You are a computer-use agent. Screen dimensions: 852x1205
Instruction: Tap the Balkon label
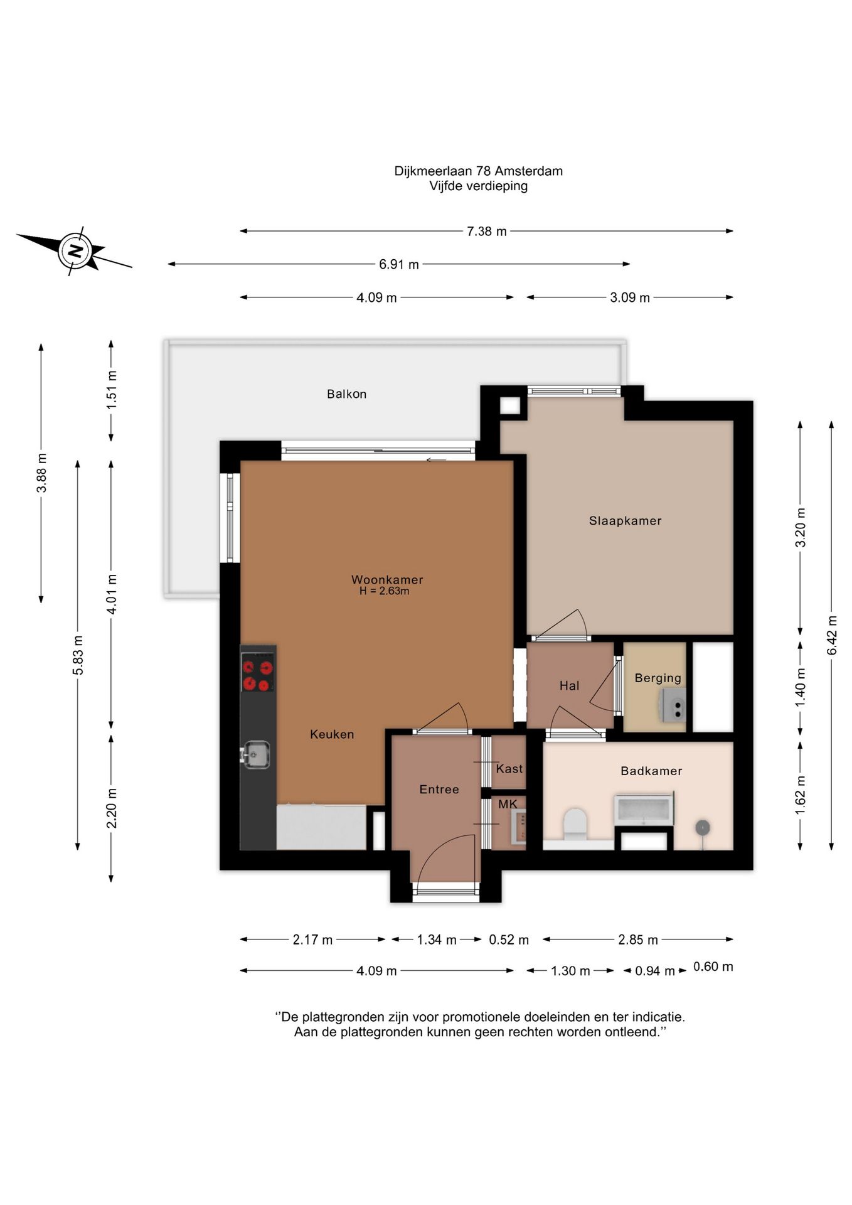tap(346, 394)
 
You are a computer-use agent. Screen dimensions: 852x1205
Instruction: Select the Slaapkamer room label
tap(625, 521)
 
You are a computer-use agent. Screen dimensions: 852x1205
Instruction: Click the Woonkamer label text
tap(387, 579)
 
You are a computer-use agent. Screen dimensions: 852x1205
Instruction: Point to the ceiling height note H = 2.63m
tap(384, 591)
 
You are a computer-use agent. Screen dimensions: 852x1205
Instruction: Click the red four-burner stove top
tap(258, 672)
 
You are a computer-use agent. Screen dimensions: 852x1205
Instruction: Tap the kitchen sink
tap(256, 754)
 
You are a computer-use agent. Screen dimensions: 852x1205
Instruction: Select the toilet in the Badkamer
tap(575, 824)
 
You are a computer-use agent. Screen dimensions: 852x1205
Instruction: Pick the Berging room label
tap(658, 678)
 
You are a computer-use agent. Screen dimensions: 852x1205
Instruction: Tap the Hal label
tap(569, 686)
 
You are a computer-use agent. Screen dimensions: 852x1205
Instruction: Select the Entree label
tap(439, 790)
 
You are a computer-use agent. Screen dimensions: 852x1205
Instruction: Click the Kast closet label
tap(509, 769)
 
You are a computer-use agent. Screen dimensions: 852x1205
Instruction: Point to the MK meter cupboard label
tap(508, 804)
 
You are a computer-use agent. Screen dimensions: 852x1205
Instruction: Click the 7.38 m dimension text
tap(486, 232)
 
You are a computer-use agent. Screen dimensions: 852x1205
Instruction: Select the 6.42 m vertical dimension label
tap(832, 635)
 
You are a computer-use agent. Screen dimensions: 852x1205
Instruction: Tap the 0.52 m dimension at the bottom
tap(509, 940)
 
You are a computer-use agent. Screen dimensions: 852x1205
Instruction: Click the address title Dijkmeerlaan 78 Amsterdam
tap(478, 171)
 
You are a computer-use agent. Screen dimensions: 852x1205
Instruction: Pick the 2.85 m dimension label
tap(638, 940)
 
